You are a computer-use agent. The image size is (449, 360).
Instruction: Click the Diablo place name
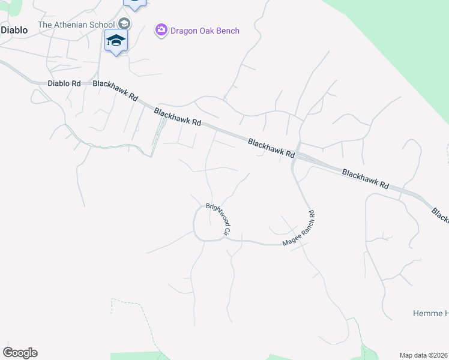[14, 29]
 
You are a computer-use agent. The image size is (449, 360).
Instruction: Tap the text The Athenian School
[76, 25]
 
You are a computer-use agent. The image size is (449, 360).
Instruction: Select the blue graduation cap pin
[116, 41]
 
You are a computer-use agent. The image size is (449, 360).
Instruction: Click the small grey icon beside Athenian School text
[124, 24]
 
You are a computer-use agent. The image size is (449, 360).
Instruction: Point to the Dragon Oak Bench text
[205, 31]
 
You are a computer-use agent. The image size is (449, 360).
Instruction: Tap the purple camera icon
[161, 31]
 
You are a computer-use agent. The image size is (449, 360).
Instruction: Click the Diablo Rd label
[64, 84]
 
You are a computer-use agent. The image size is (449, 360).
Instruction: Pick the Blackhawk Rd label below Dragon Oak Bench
[178, 116]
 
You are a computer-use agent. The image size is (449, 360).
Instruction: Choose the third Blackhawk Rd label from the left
[272, 148]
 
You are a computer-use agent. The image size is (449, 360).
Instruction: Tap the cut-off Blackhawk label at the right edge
[441, 214]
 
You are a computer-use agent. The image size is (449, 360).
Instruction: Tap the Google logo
[20, 353]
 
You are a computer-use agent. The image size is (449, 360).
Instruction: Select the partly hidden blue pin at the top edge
[134, 4]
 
